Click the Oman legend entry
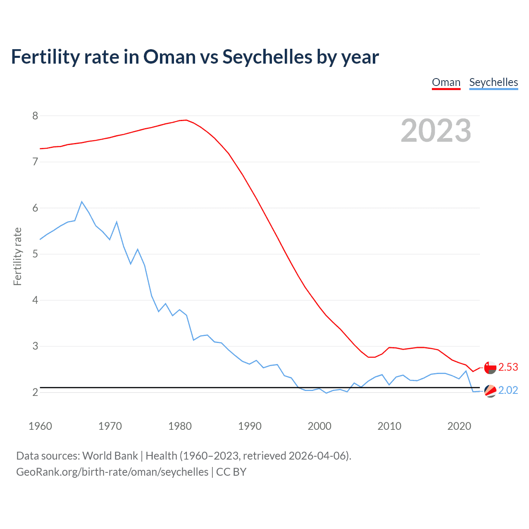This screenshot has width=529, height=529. [x=446, y=82]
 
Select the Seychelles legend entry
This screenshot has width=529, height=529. [x=493, y=82]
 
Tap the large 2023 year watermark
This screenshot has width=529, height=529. [x=436, y=131]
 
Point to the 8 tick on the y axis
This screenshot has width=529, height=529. [x=35, y=116]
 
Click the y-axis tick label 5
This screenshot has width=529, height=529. [x=35, y=254]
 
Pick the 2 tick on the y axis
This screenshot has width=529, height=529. [x=35, y=392]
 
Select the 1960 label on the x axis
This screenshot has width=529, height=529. [x=40, y=426]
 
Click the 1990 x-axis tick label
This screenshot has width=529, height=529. [x=250, y=426]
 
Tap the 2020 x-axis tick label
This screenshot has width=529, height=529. [x=459, y=426]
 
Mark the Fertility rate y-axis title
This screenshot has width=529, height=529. [x=17, y=256]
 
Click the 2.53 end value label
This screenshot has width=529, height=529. [x=508, y=367]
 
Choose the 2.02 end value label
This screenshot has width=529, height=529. [x=508, y=390]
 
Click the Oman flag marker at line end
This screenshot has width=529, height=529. [x=490, y=367]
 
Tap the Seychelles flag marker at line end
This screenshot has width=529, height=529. [x=490, y=391]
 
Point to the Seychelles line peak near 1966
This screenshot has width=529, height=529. [x=82, y=202]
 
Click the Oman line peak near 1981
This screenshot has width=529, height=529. [x=186, y=120]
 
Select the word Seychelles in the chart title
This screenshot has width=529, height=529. [x=267, y=57]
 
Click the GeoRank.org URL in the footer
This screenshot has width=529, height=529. [x=112, y=472]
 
